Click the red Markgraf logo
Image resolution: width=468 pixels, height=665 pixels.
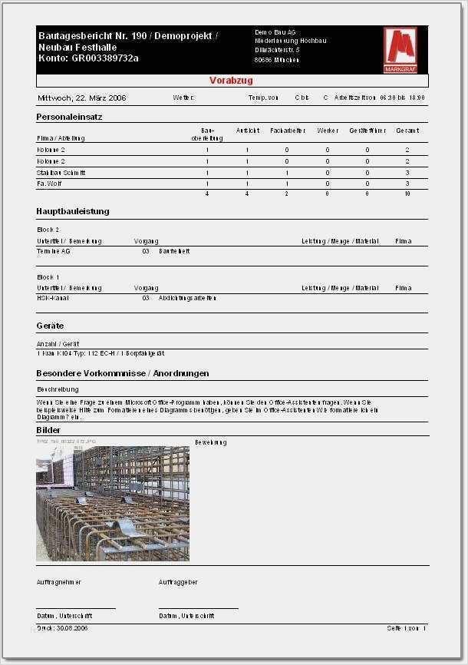point(400,51)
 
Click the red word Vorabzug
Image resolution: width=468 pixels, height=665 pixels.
point(231,81)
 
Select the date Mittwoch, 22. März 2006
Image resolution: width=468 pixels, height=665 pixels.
point(82,98)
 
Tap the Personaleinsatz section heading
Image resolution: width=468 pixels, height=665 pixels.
point(69,117)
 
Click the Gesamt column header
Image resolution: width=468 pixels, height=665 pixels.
point(407,131)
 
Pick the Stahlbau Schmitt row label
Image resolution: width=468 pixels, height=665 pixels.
point(61,173)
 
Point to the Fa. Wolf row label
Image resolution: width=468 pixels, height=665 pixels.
point(50,184)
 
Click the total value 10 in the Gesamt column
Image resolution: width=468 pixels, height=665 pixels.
point(407,194)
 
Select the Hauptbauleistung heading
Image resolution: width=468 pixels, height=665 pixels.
point(73,211)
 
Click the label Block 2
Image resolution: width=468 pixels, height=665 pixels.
point(48,230)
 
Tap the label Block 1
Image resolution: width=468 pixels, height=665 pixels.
point(48,276)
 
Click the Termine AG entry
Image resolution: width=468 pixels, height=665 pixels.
point(54,251)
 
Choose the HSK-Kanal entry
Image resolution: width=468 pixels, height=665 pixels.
point(53,298)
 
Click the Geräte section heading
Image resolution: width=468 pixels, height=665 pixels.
point(50,326)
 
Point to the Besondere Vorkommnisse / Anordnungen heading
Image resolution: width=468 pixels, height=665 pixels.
point(122,374)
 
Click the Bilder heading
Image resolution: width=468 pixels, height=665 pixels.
point(48,431)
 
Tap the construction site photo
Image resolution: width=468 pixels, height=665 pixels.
point(113,503)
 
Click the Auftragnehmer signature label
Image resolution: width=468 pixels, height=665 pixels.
point(59,583)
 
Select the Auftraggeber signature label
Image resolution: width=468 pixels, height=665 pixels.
point(178,583)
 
